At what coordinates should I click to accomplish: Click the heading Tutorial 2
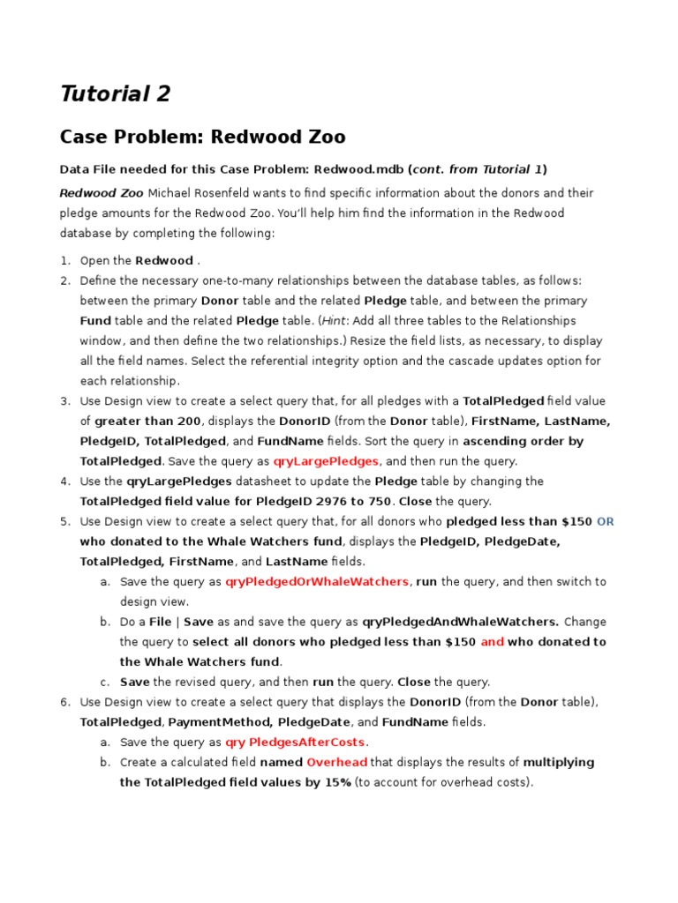pos(115,93)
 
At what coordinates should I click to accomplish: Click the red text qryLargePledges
pos(327,461)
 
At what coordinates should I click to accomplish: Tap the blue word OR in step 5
pos(605,522)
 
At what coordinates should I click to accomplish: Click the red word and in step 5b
pos(492,642)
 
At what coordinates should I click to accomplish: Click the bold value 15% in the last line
pos(334,782)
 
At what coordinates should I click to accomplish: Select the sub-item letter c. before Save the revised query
pos(104,682)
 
